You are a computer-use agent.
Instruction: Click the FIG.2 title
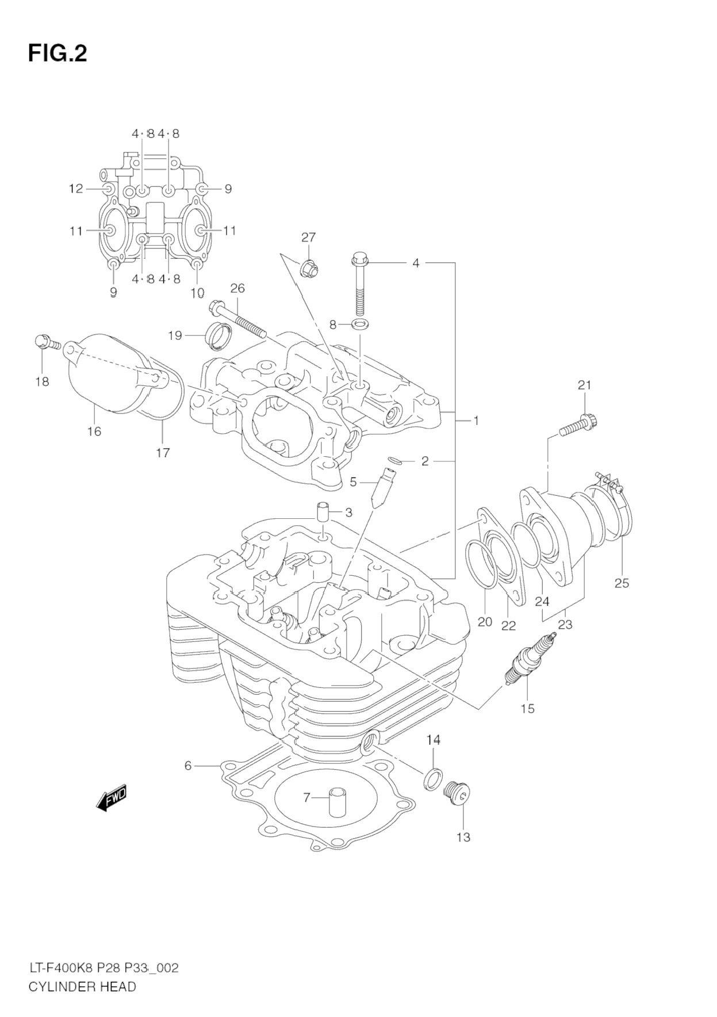pos(57,53)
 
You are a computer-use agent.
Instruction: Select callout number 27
pos(309,238)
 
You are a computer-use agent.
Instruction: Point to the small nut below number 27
pos(309,267)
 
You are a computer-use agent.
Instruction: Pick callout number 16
pos(94,431)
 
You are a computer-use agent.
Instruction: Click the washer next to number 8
pos(361,325)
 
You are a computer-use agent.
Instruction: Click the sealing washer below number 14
pos(434,779)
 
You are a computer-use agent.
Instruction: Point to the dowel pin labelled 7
pos(336,804)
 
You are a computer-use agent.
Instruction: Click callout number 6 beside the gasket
pos(187,766)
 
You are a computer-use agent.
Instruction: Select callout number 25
pos(622,583)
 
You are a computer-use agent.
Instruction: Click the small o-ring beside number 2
pos(395,460)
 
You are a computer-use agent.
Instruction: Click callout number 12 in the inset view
pos(76,189)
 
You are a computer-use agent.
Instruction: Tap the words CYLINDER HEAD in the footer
pos(82,987)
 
